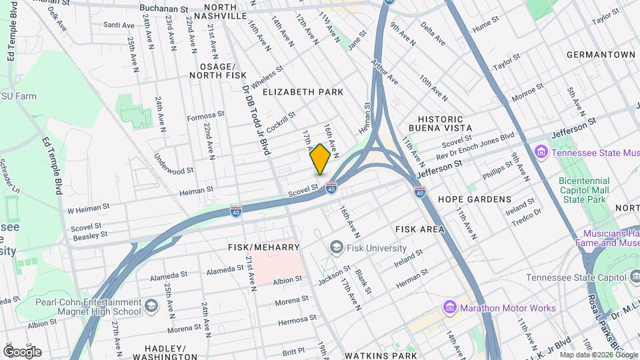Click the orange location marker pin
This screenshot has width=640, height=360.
[x=320, y=159]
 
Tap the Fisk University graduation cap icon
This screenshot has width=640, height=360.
[x=337, y=248]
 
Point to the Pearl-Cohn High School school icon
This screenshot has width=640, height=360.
[x=152, y=307]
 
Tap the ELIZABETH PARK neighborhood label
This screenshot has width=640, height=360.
[x=303, y=91]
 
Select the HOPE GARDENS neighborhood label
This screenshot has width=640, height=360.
[x=475, y=199]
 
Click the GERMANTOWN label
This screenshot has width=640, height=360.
[x=601, y=54]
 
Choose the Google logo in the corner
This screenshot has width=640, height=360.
[x=22, y=352]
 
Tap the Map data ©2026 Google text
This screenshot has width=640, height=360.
[x=599, y=355]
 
